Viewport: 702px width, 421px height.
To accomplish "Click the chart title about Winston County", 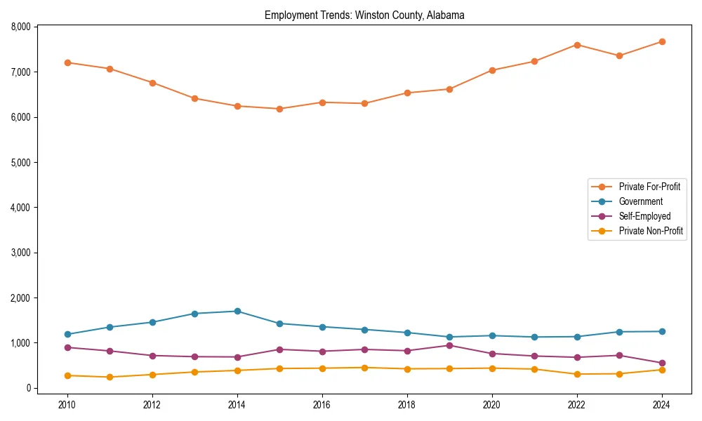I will pyautogui.click(x=364, y=15).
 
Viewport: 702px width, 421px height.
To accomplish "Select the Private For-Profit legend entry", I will pyautogui.click(x=649, y=187).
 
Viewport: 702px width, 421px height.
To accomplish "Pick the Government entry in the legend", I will pyautogui.click(x=640, y=201).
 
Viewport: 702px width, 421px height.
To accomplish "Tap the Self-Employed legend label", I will pyautogui.click(x=644, y=216).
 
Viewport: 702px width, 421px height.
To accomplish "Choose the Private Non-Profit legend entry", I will pyautogui.click(x=651, y=231).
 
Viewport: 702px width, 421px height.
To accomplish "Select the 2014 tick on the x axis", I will pyautogui.click(x=237, y=405).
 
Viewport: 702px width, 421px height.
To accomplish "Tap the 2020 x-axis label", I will pyautogui.click(x=492, y=405).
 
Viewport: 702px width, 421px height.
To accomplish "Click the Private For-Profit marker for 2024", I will pyautogui.click(x=662, y=41).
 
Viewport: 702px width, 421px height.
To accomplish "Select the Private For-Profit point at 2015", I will pyautogui.click(x=279, y=109).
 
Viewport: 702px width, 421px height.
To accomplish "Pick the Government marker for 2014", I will pyautogui.click(x=237, y=311).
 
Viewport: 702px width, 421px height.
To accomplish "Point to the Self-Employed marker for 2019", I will pyautogui.click(x=449, y=345).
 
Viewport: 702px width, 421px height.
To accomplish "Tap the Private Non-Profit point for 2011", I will pyautogui.click(x=110, y=377).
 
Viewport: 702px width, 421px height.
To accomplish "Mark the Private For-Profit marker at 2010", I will pyautogui.click(x=67, y=62).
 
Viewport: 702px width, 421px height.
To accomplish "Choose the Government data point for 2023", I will pyautogui.click(x=619, y=332).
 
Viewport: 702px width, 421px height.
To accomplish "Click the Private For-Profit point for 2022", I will pyautogui.click(x=577, y=45).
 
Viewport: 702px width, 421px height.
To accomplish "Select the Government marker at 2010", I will pyautogui.click(x=67, y=334).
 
